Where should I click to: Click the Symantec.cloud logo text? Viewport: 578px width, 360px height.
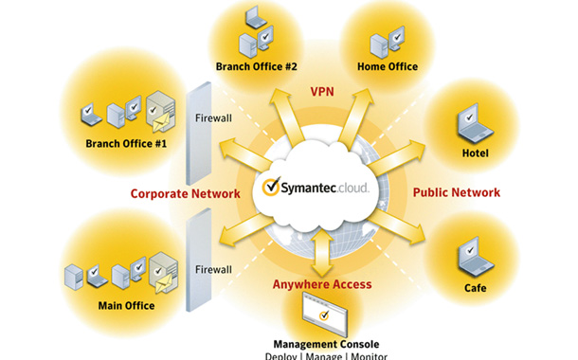point(323,189)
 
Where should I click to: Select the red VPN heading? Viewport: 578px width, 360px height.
point(326,92)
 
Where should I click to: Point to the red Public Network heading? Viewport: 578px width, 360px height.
point(457,192)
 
